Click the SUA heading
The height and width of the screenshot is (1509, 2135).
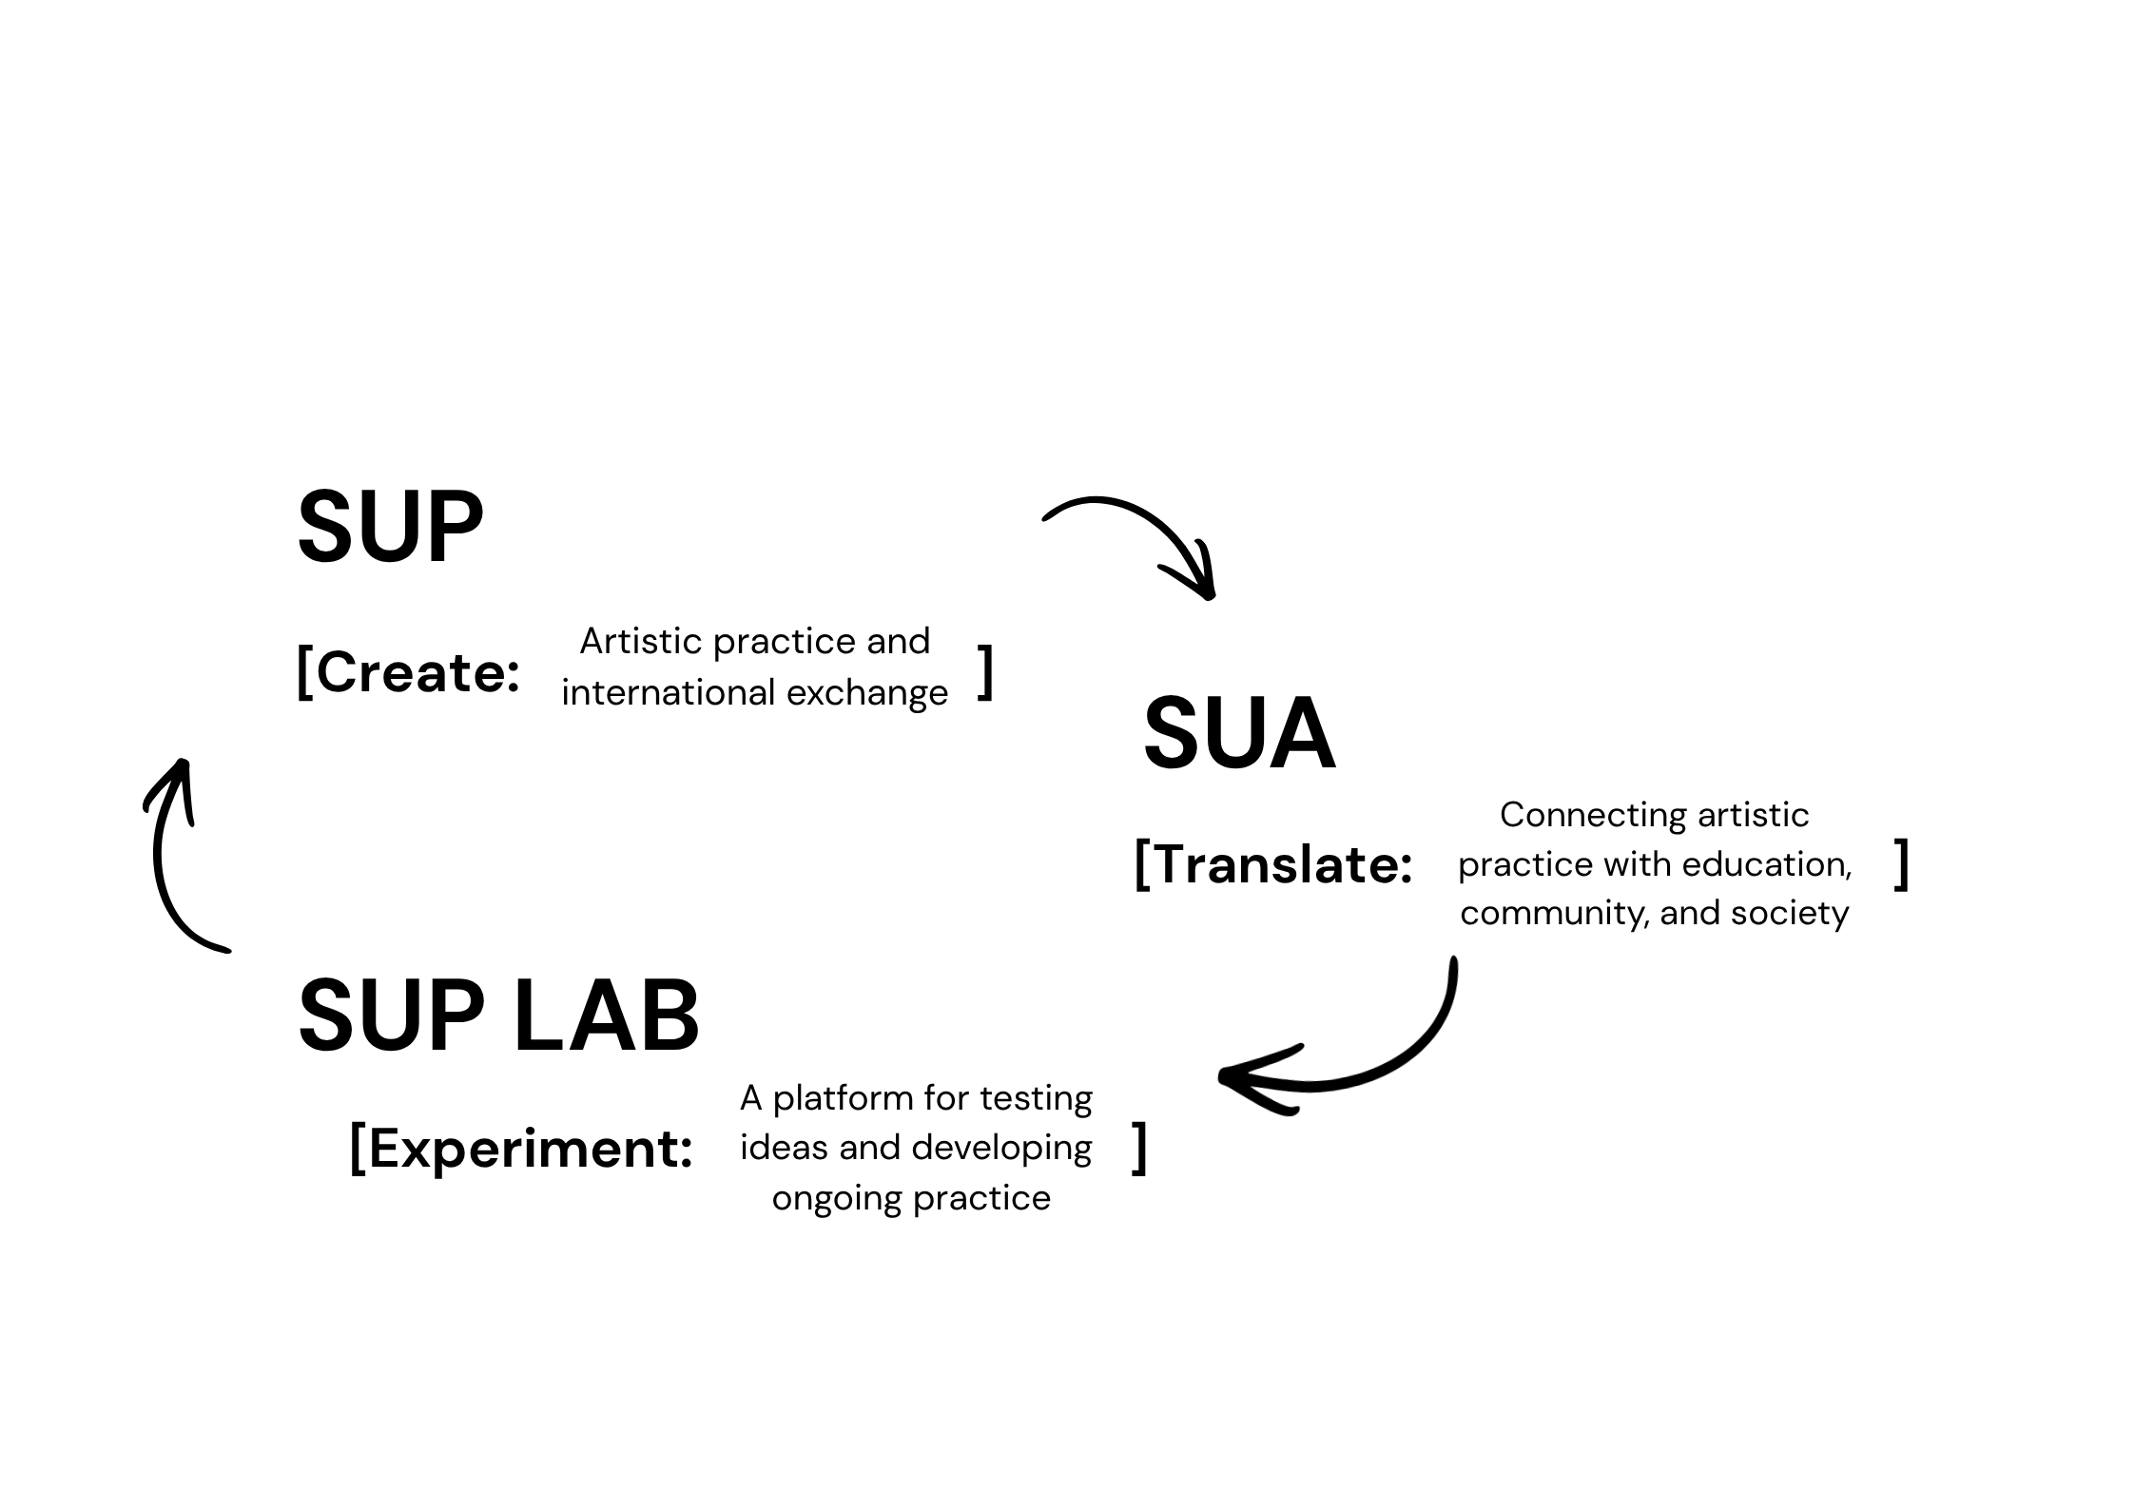point(1239,733)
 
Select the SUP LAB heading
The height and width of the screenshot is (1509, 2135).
point(498,1016)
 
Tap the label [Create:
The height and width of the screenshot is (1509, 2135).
point(409,672)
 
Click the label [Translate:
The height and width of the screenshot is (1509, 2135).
point(1274,864)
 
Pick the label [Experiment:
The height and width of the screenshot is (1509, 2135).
point(522,1149)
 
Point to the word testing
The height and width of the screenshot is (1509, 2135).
point(1037,1098)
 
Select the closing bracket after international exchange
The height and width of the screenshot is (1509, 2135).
point(986,672)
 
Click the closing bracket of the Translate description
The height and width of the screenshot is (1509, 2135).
point(1901,864)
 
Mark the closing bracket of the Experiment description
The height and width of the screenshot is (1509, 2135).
point(1139,1149)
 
